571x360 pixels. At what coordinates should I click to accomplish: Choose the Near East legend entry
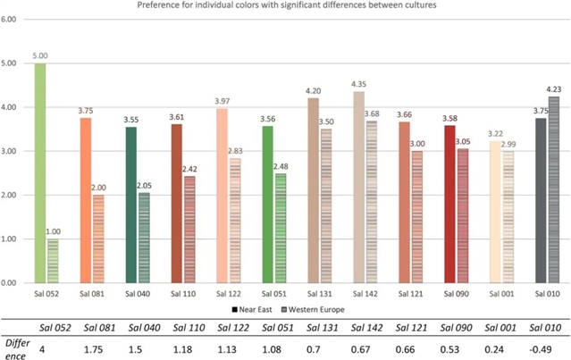255,307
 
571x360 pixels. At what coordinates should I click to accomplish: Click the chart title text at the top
286,5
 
